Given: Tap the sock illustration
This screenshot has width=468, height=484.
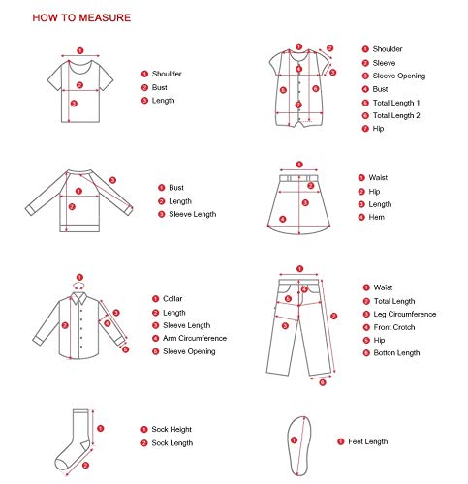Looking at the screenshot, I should [x=79, y=437].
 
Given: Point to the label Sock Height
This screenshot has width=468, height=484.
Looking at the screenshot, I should [x=172, y=428].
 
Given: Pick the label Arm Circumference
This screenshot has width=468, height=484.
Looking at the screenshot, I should [x=194, y=338].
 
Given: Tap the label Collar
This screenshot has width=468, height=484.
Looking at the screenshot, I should [x=172, y=299].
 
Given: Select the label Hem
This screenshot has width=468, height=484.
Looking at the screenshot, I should [x=377, y=218].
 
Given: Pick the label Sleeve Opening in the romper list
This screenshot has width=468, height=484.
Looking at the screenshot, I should [x=399, y=76].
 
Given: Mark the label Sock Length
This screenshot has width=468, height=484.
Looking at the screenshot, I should [x=172, y=442].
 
